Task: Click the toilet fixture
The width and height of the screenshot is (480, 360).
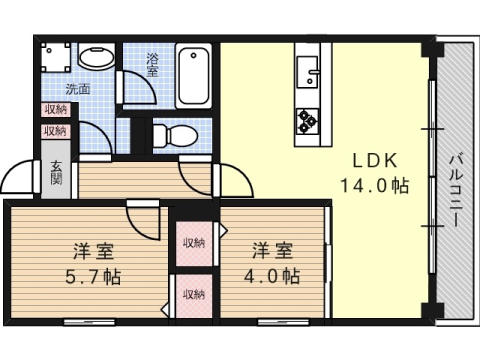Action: [x=176, y=136]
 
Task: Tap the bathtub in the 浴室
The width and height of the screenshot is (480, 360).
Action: [x=193, y=76]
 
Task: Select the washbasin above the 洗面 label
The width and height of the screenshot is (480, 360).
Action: [x=97, y=57]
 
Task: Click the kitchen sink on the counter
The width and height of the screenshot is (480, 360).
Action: [x=307, y=72]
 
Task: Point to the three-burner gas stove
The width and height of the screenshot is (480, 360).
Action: [x=307, y=121]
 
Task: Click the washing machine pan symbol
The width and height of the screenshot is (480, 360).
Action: [x=56, y=57]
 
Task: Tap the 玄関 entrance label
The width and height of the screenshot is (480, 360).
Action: [x=56, y=173]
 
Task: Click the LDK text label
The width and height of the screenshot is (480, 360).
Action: [x=375, y=161]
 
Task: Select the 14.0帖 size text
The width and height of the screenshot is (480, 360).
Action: [x=374, y=186]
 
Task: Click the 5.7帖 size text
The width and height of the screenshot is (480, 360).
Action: [x=93, y=277]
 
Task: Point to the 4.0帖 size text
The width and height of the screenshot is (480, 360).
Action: [x=272, y=276]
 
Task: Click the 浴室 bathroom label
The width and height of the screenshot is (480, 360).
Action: [x=153, y=65]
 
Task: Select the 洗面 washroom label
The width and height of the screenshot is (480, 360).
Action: [x=78, y=89]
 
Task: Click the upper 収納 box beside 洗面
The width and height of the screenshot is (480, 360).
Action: [x=56, y=109]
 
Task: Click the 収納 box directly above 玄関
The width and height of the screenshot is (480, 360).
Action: [x=56, y=131]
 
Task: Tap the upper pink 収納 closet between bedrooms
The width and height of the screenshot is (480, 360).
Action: [x=194, y=243]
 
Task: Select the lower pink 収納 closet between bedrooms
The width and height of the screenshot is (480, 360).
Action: [x=194, y=295]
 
